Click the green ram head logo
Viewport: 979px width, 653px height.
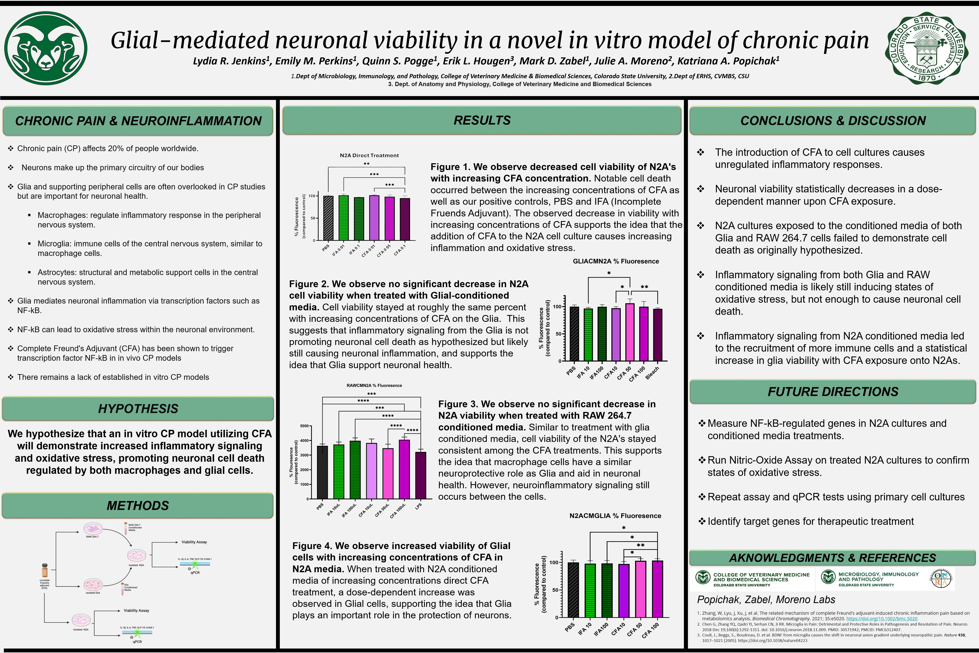[x=46, y=48]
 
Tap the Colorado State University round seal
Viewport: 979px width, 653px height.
[x=927, y=48]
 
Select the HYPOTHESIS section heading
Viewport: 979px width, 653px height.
[x=138, y=409]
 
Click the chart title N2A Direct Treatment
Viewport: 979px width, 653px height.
[x=369, y=155]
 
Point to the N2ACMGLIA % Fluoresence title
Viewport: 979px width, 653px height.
[x=615, y=515]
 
